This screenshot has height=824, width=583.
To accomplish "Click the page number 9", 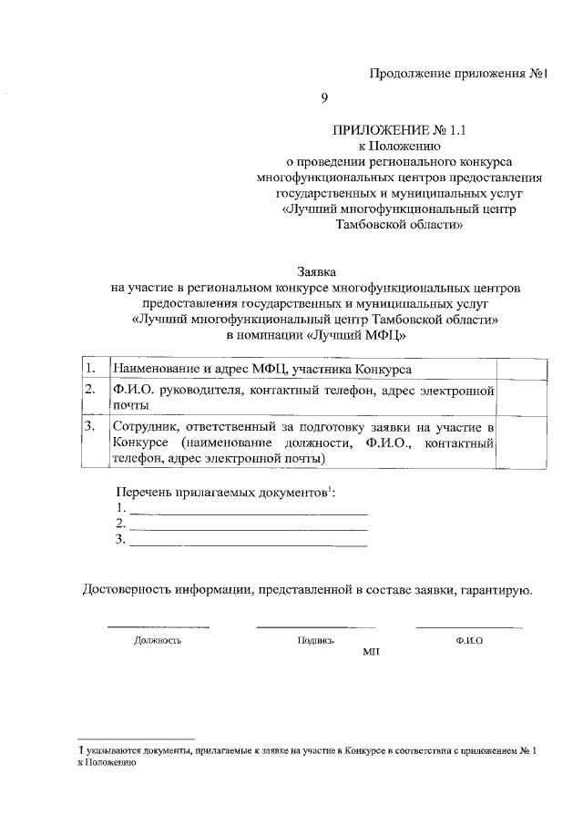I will click(323, 97).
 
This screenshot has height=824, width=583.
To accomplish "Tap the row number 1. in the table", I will click(90, 369).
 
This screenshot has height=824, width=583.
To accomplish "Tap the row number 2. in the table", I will click(90, 390).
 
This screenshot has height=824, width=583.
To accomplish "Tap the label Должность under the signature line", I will click(158, 640).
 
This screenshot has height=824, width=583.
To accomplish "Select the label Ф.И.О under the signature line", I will click(469, 640).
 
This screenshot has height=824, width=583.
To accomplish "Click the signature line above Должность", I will click(158, 626).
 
